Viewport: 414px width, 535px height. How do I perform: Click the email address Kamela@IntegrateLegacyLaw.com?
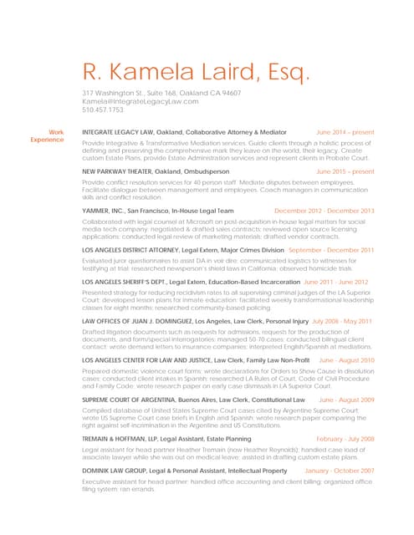[141, 101]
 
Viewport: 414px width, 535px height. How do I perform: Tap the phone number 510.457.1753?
[103, 110]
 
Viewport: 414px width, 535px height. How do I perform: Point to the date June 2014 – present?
[345, 132]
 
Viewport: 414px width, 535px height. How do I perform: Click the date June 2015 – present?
[345, 171]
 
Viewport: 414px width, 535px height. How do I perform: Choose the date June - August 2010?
[346, 360]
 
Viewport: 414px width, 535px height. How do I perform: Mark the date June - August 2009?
[346, 400]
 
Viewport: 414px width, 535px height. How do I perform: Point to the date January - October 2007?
[340, 471]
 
